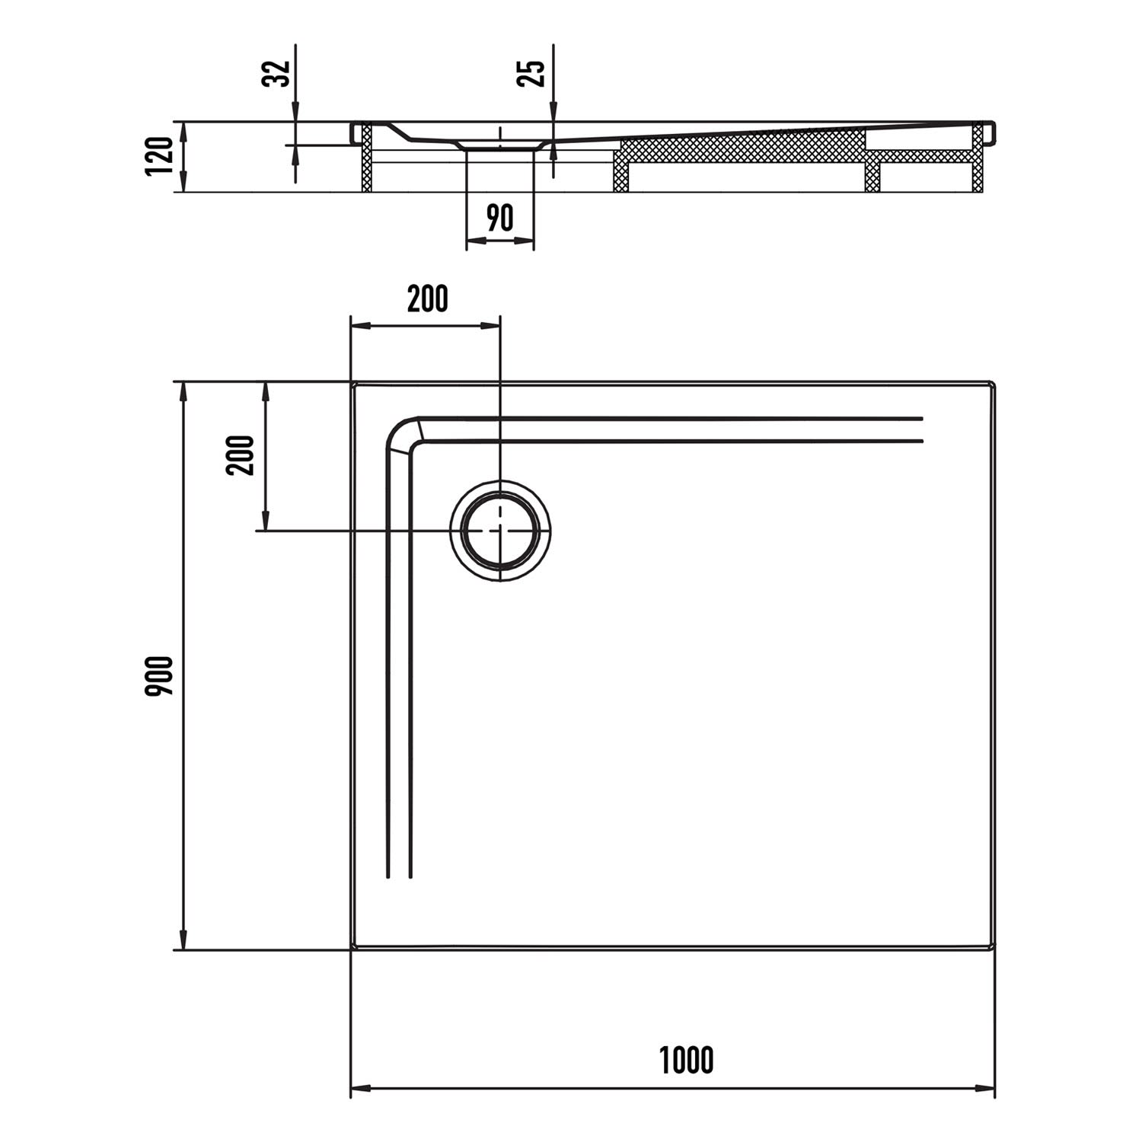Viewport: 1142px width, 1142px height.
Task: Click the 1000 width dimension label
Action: (x=686, y=1061)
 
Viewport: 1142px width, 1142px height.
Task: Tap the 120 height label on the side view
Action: (x=160, y=156)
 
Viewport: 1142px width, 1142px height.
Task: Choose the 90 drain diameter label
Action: (x=499, y=218)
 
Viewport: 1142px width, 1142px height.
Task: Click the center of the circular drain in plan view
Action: (x=500, y=531)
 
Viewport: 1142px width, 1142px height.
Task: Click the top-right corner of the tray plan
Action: (x=994, y=383)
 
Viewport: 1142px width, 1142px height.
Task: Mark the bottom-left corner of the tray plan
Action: (x=352, y=949)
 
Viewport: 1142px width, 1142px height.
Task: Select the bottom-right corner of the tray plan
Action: (x=994, y=949)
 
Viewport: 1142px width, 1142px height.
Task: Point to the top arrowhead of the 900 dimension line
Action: (x=183, y=391)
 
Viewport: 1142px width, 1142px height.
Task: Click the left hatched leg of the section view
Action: (x=365, y=158)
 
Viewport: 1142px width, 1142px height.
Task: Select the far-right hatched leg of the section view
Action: (x=978, y=158)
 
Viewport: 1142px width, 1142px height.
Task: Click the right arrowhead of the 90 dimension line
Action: (x=525, y=241)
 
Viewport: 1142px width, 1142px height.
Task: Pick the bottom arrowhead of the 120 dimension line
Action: (x=183, y=183)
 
